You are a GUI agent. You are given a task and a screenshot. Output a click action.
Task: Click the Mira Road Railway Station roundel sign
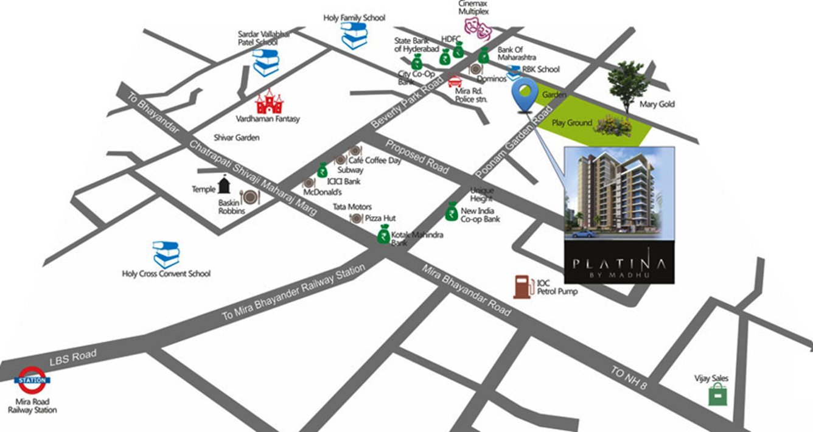point(32,380)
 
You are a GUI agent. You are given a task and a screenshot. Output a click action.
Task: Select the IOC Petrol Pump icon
point(522,287)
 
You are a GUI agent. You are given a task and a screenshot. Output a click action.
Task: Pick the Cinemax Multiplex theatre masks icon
point(478,26)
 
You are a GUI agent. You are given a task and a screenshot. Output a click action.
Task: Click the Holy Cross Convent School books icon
point(166,254)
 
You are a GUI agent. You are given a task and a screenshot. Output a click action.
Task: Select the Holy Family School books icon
point(354,36)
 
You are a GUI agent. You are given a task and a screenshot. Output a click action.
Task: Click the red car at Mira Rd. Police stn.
point(455,81)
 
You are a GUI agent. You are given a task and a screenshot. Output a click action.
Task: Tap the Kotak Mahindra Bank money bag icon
point(384,234)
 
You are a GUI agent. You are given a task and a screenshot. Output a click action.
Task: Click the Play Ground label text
point(571,123)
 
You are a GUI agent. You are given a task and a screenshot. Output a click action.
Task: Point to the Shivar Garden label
point(237,138)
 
